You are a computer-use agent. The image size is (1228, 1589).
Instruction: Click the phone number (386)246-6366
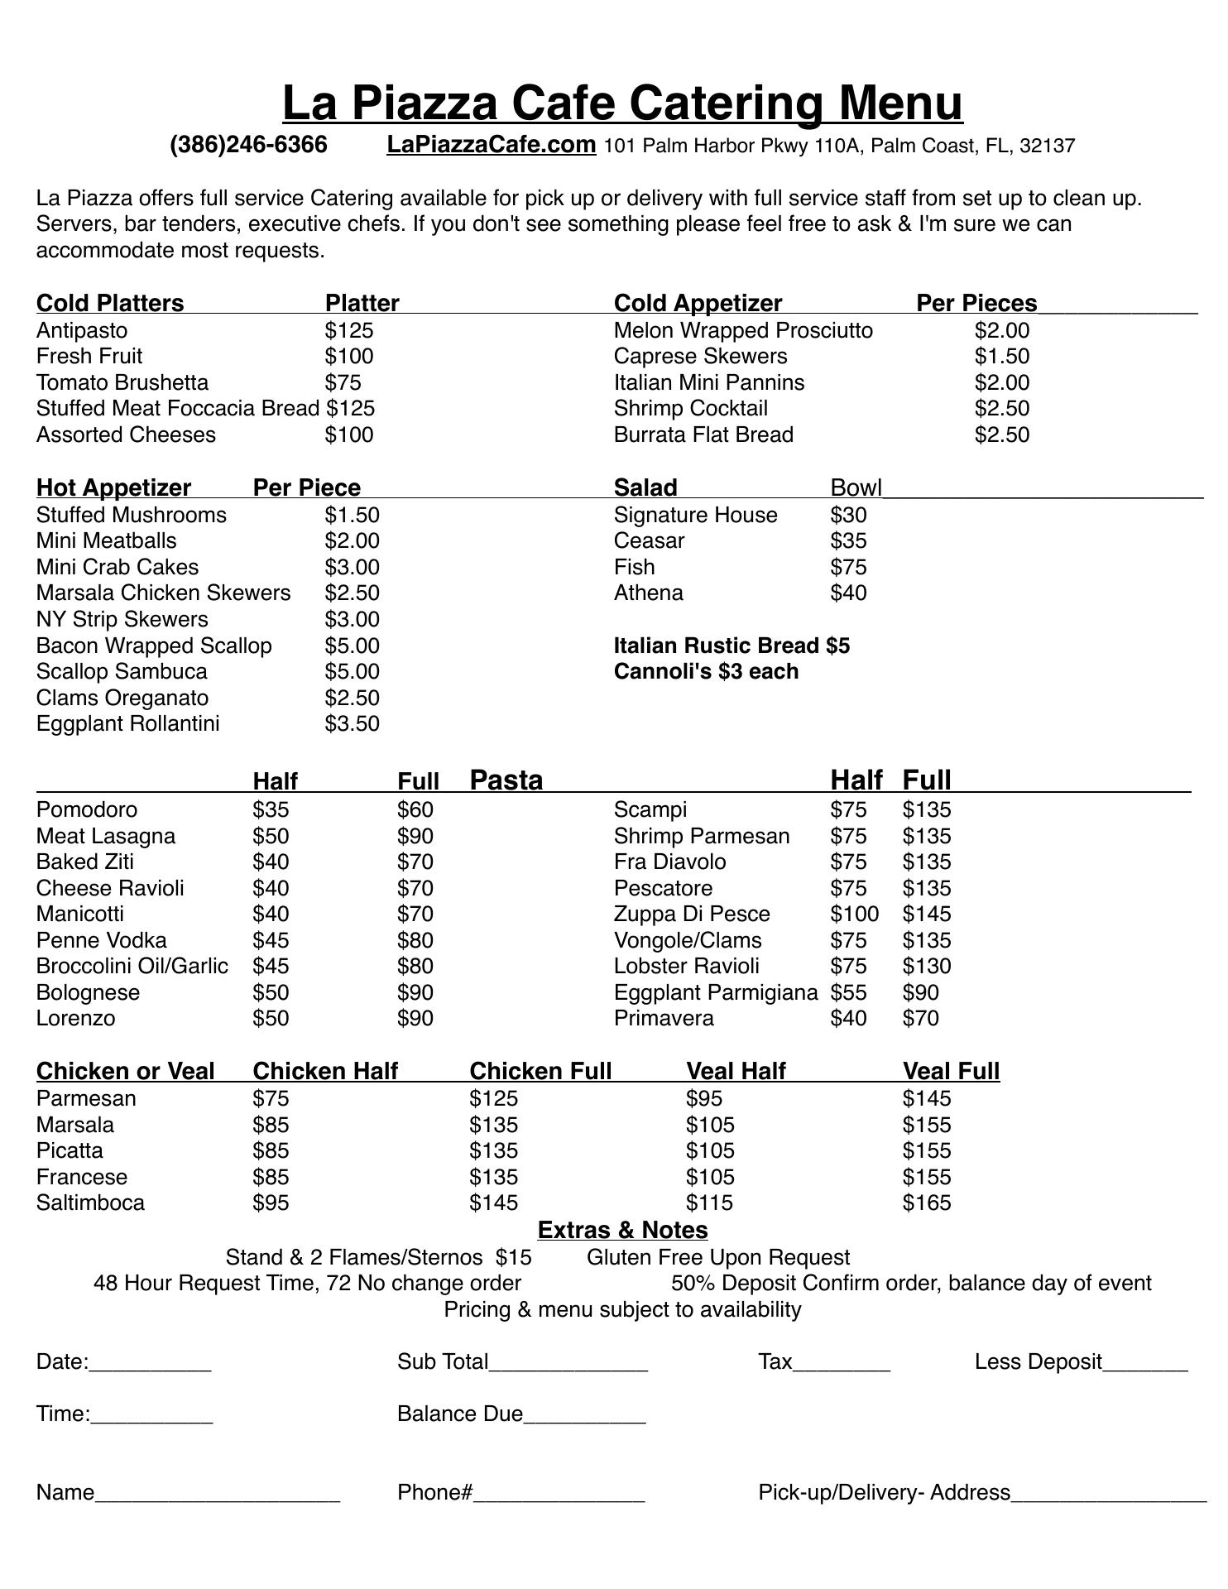(248, 146)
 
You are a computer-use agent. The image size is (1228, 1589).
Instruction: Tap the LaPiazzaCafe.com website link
(491, 145)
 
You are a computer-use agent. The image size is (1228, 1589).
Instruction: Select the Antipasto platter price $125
(349, 331)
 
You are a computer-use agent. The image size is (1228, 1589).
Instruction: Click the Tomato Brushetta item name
(122, 383)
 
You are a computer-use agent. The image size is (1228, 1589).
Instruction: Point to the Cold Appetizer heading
(698, 304)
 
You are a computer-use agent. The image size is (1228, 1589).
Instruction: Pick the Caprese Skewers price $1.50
(1001, 357)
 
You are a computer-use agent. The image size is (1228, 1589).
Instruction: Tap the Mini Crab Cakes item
(118, 568)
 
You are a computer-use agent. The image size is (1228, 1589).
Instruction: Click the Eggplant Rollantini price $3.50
(352, 724)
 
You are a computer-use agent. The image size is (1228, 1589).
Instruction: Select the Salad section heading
(645, 487)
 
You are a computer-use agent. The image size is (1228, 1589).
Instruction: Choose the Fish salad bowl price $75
(848, 568)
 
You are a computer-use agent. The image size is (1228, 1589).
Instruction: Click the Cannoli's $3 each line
(706, 672)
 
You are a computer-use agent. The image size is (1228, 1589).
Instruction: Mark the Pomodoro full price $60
(415, 810)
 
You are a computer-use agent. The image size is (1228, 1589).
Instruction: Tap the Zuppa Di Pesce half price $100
(854, 915)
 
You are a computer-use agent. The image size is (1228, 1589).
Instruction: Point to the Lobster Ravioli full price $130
(927, 967)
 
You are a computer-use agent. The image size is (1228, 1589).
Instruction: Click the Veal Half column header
(736, 1072)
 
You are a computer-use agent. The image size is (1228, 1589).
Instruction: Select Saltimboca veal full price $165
(927, 1203)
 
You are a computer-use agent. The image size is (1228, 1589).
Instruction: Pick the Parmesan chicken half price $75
(271, 1099)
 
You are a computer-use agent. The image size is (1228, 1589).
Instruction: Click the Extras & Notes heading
(622, 1231)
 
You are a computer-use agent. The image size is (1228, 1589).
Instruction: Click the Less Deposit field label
(1038, 1362)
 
